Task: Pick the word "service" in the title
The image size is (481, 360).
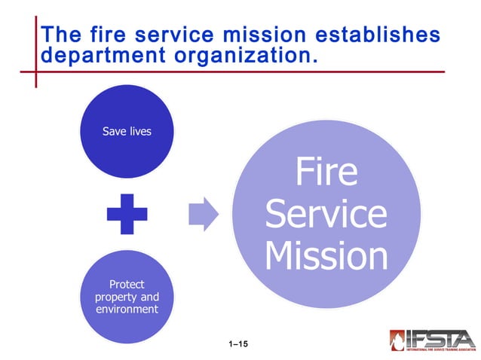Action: [183, 34]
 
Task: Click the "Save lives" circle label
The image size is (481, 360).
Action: [127, 131]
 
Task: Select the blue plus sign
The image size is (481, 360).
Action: [127, 214]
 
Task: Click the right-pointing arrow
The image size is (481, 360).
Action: [202, 214]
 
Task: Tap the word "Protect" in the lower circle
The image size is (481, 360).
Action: [127, 285]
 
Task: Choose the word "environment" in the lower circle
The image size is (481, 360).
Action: [127, 309]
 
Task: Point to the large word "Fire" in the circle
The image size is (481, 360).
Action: [326, 172]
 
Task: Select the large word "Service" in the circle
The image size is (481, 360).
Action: [326, 214]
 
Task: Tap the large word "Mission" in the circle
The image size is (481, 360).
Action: [326, 256]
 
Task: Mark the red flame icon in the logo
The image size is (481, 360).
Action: [398, 340]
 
